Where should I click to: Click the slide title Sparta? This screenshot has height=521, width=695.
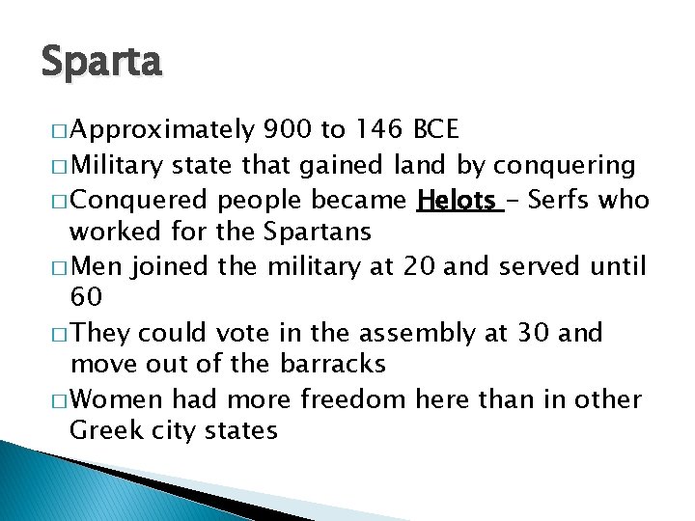(x=102, y=63)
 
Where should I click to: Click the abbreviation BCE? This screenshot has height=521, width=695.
(x=436, y=129)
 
